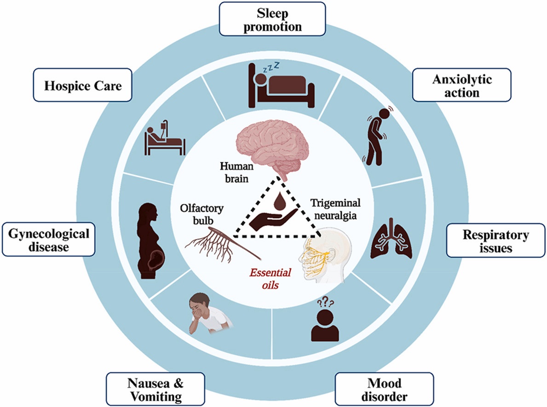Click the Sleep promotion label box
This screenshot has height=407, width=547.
[272, 19]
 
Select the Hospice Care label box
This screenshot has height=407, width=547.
[83, 85]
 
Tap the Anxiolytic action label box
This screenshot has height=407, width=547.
[462, 85]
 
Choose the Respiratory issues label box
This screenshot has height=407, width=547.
[496, 240]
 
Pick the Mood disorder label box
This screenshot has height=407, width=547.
[385, 389]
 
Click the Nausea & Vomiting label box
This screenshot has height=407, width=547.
[155, 389]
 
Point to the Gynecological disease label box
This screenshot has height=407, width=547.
[48, 239]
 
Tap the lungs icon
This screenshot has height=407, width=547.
[391, 238]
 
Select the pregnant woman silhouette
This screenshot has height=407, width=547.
[151, 241]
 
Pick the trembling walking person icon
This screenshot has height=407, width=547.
[377, 136]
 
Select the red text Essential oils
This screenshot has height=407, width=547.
[271, 279]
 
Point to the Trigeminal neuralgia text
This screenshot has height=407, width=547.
[335, 209]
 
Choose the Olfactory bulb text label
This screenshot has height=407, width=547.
[202, 215]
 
